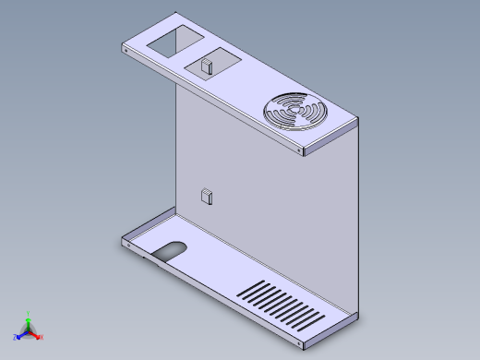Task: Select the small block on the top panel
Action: [x=207, y=66]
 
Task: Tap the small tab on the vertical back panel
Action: [x=207, y=196]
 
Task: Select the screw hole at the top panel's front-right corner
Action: [x=302, y=151]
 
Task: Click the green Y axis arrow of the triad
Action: [x=29, y=321]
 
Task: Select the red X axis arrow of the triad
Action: [x=37, y=336]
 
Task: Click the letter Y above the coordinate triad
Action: [x=29, y=313]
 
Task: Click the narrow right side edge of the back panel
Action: [x=357, y=222]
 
